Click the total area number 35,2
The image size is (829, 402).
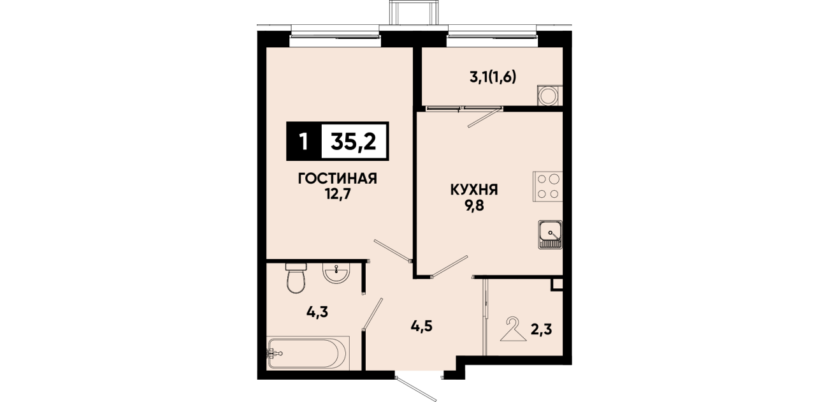coord(354,142)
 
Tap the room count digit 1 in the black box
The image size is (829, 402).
coord(304,142)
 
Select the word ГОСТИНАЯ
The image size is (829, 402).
coord(338,179)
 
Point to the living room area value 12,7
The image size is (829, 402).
coord(338,194)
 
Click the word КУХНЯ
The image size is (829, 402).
coord(474,190)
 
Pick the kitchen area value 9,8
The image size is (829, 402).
coord(475,205)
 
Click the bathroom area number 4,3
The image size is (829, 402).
coord(317,312)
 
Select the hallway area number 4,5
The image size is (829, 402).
coord(422,326)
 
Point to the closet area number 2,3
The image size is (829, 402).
coord(542,329)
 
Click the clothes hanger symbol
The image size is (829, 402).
coord(514,329)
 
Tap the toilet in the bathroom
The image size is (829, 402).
coord(296,278)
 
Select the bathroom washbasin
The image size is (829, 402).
coord(336,272)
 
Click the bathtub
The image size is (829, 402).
coord(308,353)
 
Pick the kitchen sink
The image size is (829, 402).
coord(551,235)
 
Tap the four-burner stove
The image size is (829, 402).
coord(548,186)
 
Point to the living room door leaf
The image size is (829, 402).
coord(393,251)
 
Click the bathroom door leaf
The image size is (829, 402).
coord(373,313)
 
